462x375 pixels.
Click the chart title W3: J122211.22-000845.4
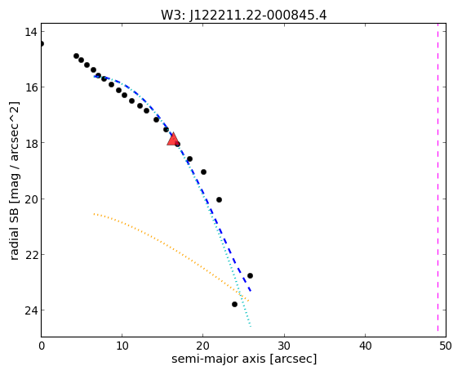coord(244,15)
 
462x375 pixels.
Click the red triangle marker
coord(173,139)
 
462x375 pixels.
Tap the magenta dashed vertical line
coord(438,180)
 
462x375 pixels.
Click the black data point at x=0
coord(42,43)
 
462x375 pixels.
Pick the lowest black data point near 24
coord(234,304)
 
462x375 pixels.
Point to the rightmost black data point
coord(250,275)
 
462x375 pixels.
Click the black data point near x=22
coord(219,199)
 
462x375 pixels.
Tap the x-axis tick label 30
coord(284,346)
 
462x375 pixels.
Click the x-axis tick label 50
coord(446,346)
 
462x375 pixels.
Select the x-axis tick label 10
coord(122,346)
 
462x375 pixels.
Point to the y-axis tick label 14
coord(30,32)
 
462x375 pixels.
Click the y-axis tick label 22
coord(30,255)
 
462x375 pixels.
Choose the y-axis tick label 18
coord(30,143)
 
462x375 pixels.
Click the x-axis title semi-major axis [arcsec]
coord(244,359)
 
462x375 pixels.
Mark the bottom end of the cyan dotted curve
coord(251,327)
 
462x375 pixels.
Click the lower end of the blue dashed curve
coord(251,291)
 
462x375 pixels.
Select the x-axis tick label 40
coord(366,346)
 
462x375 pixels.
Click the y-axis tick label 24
coord(30,310)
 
